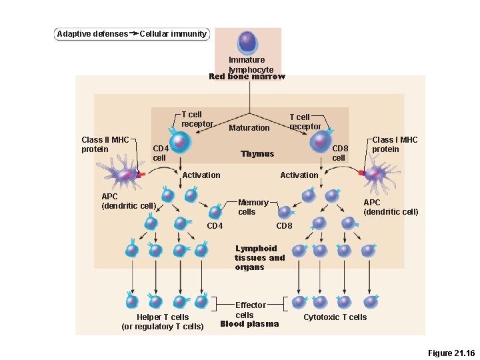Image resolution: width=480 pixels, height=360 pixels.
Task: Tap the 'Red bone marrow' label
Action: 247,77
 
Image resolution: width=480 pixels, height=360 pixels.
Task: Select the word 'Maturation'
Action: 249,127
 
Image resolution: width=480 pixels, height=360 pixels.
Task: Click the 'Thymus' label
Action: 257,154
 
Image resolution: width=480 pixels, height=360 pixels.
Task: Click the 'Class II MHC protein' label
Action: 105,144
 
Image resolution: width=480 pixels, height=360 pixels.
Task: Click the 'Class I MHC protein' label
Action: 395,144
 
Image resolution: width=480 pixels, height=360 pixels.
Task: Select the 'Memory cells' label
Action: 253,207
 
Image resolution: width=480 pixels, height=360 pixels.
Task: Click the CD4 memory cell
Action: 215,212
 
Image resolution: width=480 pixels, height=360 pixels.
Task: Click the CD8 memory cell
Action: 285,213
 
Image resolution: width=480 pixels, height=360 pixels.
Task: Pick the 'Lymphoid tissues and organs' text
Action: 259,258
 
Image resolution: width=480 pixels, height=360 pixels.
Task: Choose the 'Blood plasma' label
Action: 249,324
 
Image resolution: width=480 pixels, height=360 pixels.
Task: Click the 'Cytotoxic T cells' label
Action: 335,317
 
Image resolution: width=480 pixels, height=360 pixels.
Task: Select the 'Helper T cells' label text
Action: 163,317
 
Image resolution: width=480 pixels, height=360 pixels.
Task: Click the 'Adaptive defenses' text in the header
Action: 92,34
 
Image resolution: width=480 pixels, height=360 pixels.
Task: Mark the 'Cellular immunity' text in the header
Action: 173,34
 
